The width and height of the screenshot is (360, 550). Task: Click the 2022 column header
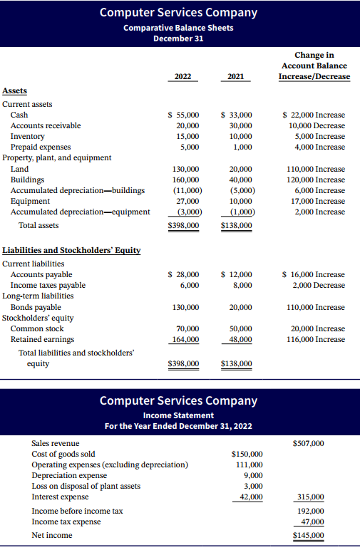coord(183,76)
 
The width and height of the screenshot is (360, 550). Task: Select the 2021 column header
coord(235,76)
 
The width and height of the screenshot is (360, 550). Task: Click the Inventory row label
coord(27,136)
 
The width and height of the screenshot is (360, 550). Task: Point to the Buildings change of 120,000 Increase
coord(314,180)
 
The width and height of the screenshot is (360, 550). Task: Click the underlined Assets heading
coord(15,91)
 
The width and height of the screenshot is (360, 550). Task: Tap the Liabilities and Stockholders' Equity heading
coord(71,250)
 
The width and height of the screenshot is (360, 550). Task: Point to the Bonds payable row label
coord(36,307)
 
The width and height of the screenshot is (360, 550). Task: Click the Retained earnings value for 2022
coord(185,340)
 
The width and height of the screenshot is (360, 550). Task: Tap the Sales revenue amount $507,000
coord(308,443)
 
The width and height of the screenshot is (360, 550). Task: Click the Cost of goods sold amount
coord(247,454)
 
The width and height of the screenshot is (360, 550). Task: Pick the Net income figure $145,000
coord(308,535)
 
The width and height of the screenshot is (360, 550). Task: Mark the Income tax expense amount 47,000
coord(311,522)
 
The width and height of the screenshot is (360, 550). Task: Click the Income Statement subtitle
coord(178,415)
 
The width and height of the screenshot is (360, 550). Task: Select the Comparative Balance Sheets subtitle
coord(178,28)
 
